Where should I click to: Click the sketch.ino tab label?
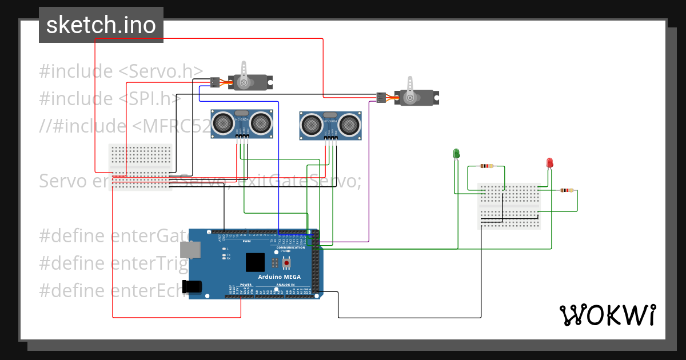[101, 25]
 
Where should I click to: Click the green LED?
[456, 153]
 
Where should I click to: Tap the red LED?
[550, 163]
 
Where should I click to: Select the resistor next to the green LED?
[486, 166]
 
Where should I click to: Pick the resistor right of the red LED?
[567, 190]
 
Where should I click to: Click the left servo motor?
[250, 82]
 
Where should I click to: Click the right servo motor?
[416, 97]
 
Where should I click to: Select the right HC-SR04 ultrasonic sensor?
[331, 125]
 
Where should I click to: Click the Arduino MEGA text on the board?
[279, 277]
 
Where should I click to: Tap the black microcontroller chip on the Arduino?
[255, 262]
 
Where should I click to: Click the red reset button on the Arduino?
[286, 263]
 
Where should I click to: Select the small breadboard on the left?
[141, 166]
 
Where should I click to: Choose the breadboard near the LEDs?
[509, 206]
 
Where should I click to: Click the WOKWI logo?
[608, 315]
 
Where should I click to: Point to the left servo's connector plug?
[214, 82]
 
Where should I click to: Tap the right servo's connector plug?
[381, 98]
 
